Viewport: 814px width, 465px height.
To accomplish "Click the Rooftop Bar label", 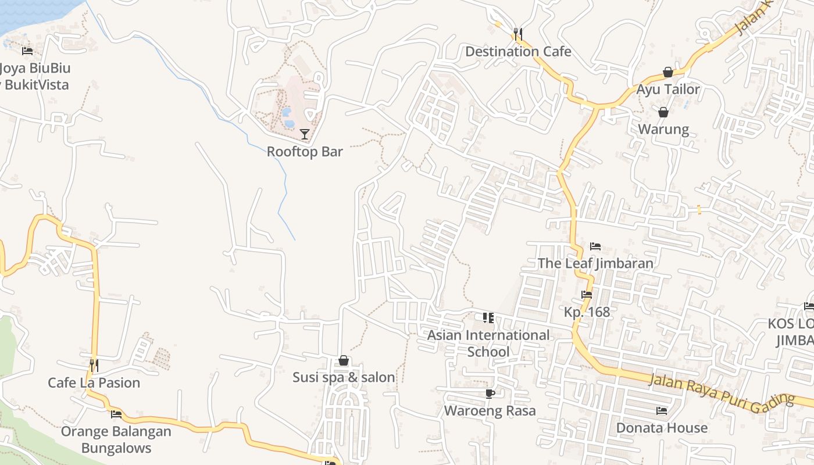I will (305, 152).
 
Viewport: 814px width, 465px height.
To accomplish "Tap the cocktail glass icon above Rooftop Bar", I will (304, 134).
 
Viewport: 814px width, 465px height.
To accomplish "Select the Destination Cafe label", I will (518, 51).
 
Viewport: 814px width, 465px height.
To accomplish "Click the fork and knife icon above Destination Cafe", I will (518, 34).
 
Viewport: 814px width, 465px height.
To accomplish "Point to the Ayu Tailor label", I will (668, 90).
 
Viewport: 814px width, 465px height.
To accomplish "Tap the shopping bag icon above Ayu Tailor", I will (668, 72).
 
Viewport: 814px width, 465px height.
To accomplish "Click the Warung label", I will (663, 129).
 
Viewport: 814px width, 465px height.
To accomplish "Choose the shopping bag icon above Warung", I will (663, 112).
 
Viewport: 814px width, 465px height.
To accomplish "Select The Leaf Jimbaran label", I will (595, 263).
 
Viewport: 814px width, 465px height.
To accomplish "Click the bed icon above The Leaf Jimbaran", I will (595, 246).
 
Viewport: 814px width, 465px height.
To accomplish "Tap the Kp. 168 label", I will (587, 312).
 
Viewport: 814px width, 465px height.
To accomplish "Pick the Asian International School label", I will (488, 344).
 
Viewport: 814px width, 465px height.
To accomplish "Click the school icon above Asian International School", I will (488, 317).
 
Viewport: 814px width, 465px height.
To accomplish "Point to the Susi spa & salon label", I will (344, 377).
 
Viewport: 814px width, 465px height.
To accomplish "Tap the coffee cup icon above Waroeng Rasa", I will (490, 394).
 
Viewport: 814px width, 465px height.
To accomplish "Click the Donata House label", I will (662, 428).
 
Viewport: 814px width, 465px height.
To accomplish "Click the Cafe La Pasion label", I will (94, 382).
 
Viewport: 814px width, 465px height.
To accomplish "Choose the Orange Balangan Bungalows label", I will (116, 440).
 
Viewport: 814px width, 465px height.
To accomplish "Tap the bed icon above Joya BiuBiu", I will (27, 51).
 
